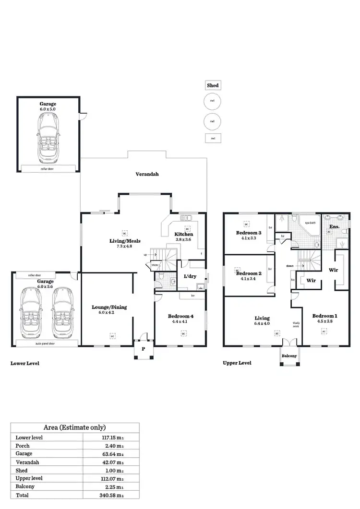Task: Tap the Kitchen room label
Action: (184, 234)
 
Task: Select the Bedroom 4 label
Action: (180, 316)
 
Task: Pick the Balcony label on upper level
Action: (289, 356)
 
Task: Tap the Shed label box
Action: (213, 85)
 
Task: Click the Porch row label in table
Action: (23, 446)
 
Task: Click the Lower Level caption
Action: (25, 364)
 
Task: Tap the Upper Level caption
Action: (237, 363)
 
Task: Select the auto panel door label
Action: (47, 343)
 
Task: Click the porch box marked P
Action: (143, 349)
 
